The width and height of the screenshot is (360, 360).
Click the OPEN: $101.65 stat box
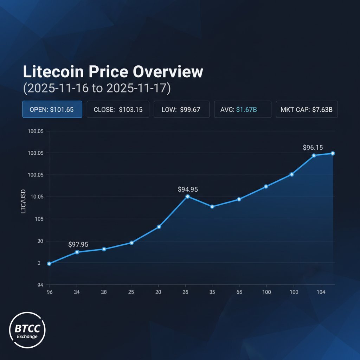tap(52, 109)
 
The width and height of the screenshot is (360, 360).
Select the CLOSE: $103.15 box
tap(118, 109)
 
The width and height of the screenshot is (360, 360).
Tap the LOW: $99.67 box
tap(181, 109)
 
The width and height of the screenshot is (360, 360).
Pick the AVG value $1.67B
tap(246, 110)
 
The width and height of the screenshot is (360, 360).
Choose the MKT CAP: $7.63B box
tap(307, 109)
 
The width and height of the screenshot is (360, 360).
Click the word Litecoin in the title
tap(53, 72)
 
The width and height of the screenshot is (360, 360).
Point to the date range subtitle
tap(97, 88)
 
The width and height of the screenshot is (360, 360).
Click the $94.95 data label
tap(188, 189)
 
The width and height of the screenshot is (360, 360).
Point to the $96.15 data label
tap(313, 148)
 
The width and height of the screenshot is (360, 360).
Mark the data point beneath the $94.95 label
tap(187, 196)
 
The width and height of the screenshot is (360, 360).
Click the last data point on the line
tap(333, 153)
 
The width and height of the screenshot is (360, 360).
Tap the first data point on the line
tap(49, 263)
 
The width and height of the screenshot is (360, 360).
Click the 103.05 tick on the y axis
tap(35, 153)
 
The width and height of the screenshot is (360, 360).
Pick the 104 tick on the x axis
tap(321, 292)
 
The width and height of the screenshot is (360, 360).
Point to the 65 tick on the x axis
tap(239, 292)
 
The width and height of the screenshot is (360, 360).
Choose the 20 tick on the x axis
tap(158, 292)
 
